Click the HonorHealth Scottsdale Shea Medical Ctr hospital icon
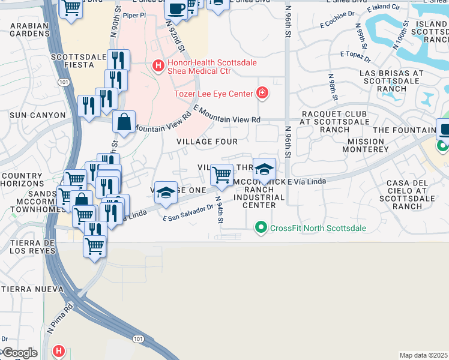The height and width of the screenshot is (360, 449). (158, 65)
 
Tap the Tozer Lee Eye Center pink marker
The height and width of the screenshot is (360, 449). (262, 93)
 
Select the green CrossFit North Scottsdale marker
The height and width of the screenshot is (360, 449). (261, 228)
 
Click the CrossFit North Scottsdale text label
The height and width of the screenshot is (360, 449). (318, 228)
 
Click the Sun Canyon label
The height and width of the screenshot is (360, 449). (38, 115)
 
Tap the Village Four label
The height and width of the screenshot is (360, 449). (206, 142)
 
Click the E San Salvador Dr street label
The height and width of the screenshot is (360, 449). (188, 213)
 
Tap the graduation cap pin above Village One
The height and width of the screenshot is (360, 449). (166, 193)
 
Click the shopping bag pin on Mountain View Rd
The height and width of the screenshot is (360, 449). (124, 122)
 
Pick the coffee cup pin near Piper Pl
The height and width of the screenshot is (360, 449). (176, 8)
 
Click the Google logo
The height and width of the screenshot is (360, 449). (19, 353)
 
